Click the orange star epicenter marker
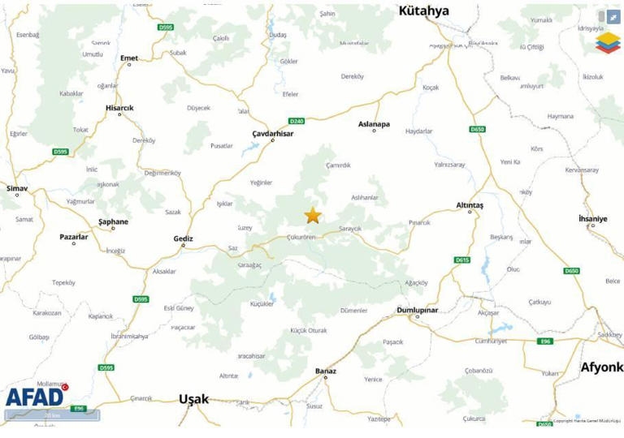[x=313, y=215]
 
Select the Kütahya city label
[x=422, y=11]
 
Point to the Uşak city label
[x=193, y=399]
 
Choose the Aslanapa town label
[x=374, y=124]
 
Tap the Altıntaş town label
[x=470, y=205]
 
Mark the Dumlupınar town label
[x=417, y=310]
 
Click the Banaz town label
[x=325, y=371]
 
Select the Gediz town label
[x=184, y=238]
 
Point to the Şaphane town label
[x=113, y=221]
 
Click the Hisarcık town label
[x=119, y=108]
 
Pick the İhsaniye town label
[x=592, y=219]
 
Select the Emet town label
[x=128, y=58]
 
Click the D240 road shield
[x=296, y=121]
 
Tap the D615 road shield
[x=461, y=260]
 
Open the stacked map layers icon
[x=607, y=41]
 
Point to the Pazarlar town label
[x=74, y=236]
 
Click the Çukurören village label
[x=301, y=237]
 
